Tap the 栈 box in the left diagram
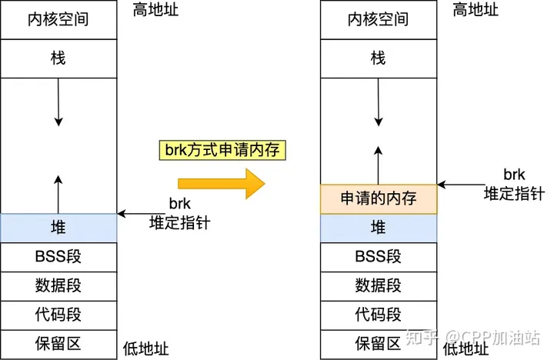coord(58,57)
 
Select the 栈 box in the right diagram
coord(378,57)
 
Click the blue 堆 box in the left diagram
coord(58,227)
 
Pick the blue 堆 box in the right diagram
coord(378,227)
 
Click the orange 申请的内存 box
coord(378,198)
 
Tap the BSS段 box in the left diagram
coord(58,256)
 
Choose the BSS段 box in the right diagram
coord(378,256)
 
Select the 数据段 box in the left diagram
coord(58,285)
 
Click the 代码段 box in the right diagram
coord(378,314)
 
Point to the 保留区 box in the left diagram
coord(58,342)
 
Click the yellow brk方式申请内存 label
coord(222,149)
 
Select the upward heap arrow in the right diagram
coord(378,162)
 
